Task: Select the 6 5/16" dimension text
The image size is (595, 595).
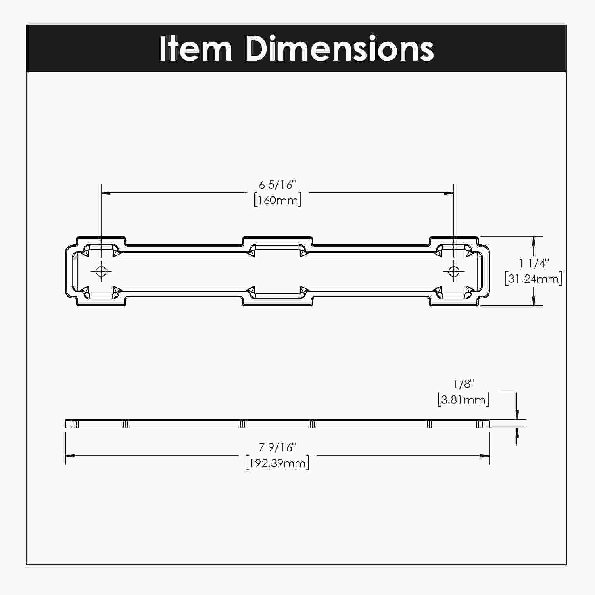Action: [x=278, y=185]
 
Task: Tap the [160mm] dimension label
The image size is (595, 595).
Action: [x=278, y=200]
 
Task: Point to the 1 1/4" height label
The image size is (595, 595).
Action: [x=534, y=263]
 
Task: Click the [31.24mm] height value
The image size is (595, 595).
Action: [x=534, y=278]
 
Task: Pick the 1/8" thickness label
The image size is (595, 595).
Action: [x=464, y=384]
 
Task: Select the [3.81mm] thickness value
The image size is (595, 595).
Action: [x=463, y=399]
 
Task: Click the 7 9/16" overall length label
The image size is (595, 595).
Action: [x=278, y=447]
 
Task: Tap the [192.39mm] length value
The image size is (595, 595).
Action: [x=278, y=463]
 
